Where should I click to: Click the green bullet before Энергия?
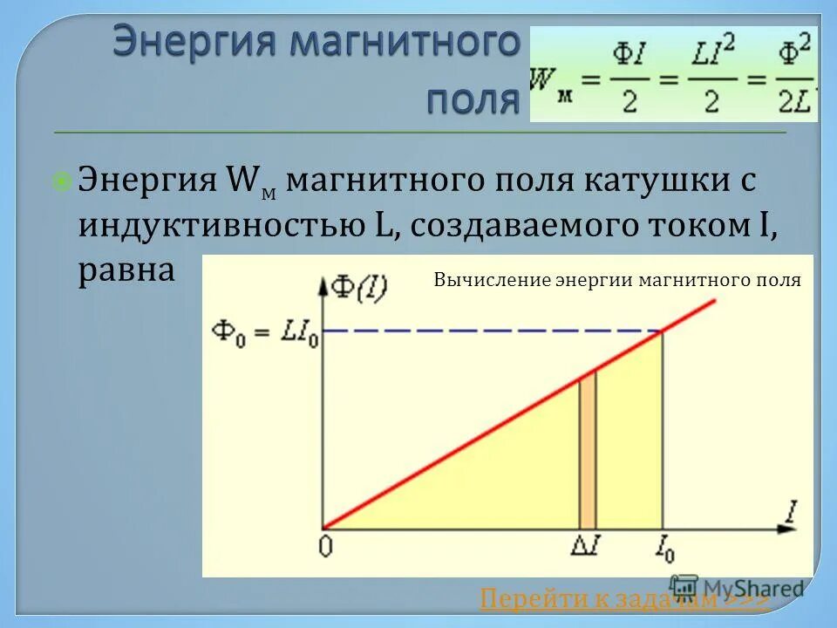tap(62, 181)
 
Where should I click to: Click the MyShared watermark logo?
tap(737, 587)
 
